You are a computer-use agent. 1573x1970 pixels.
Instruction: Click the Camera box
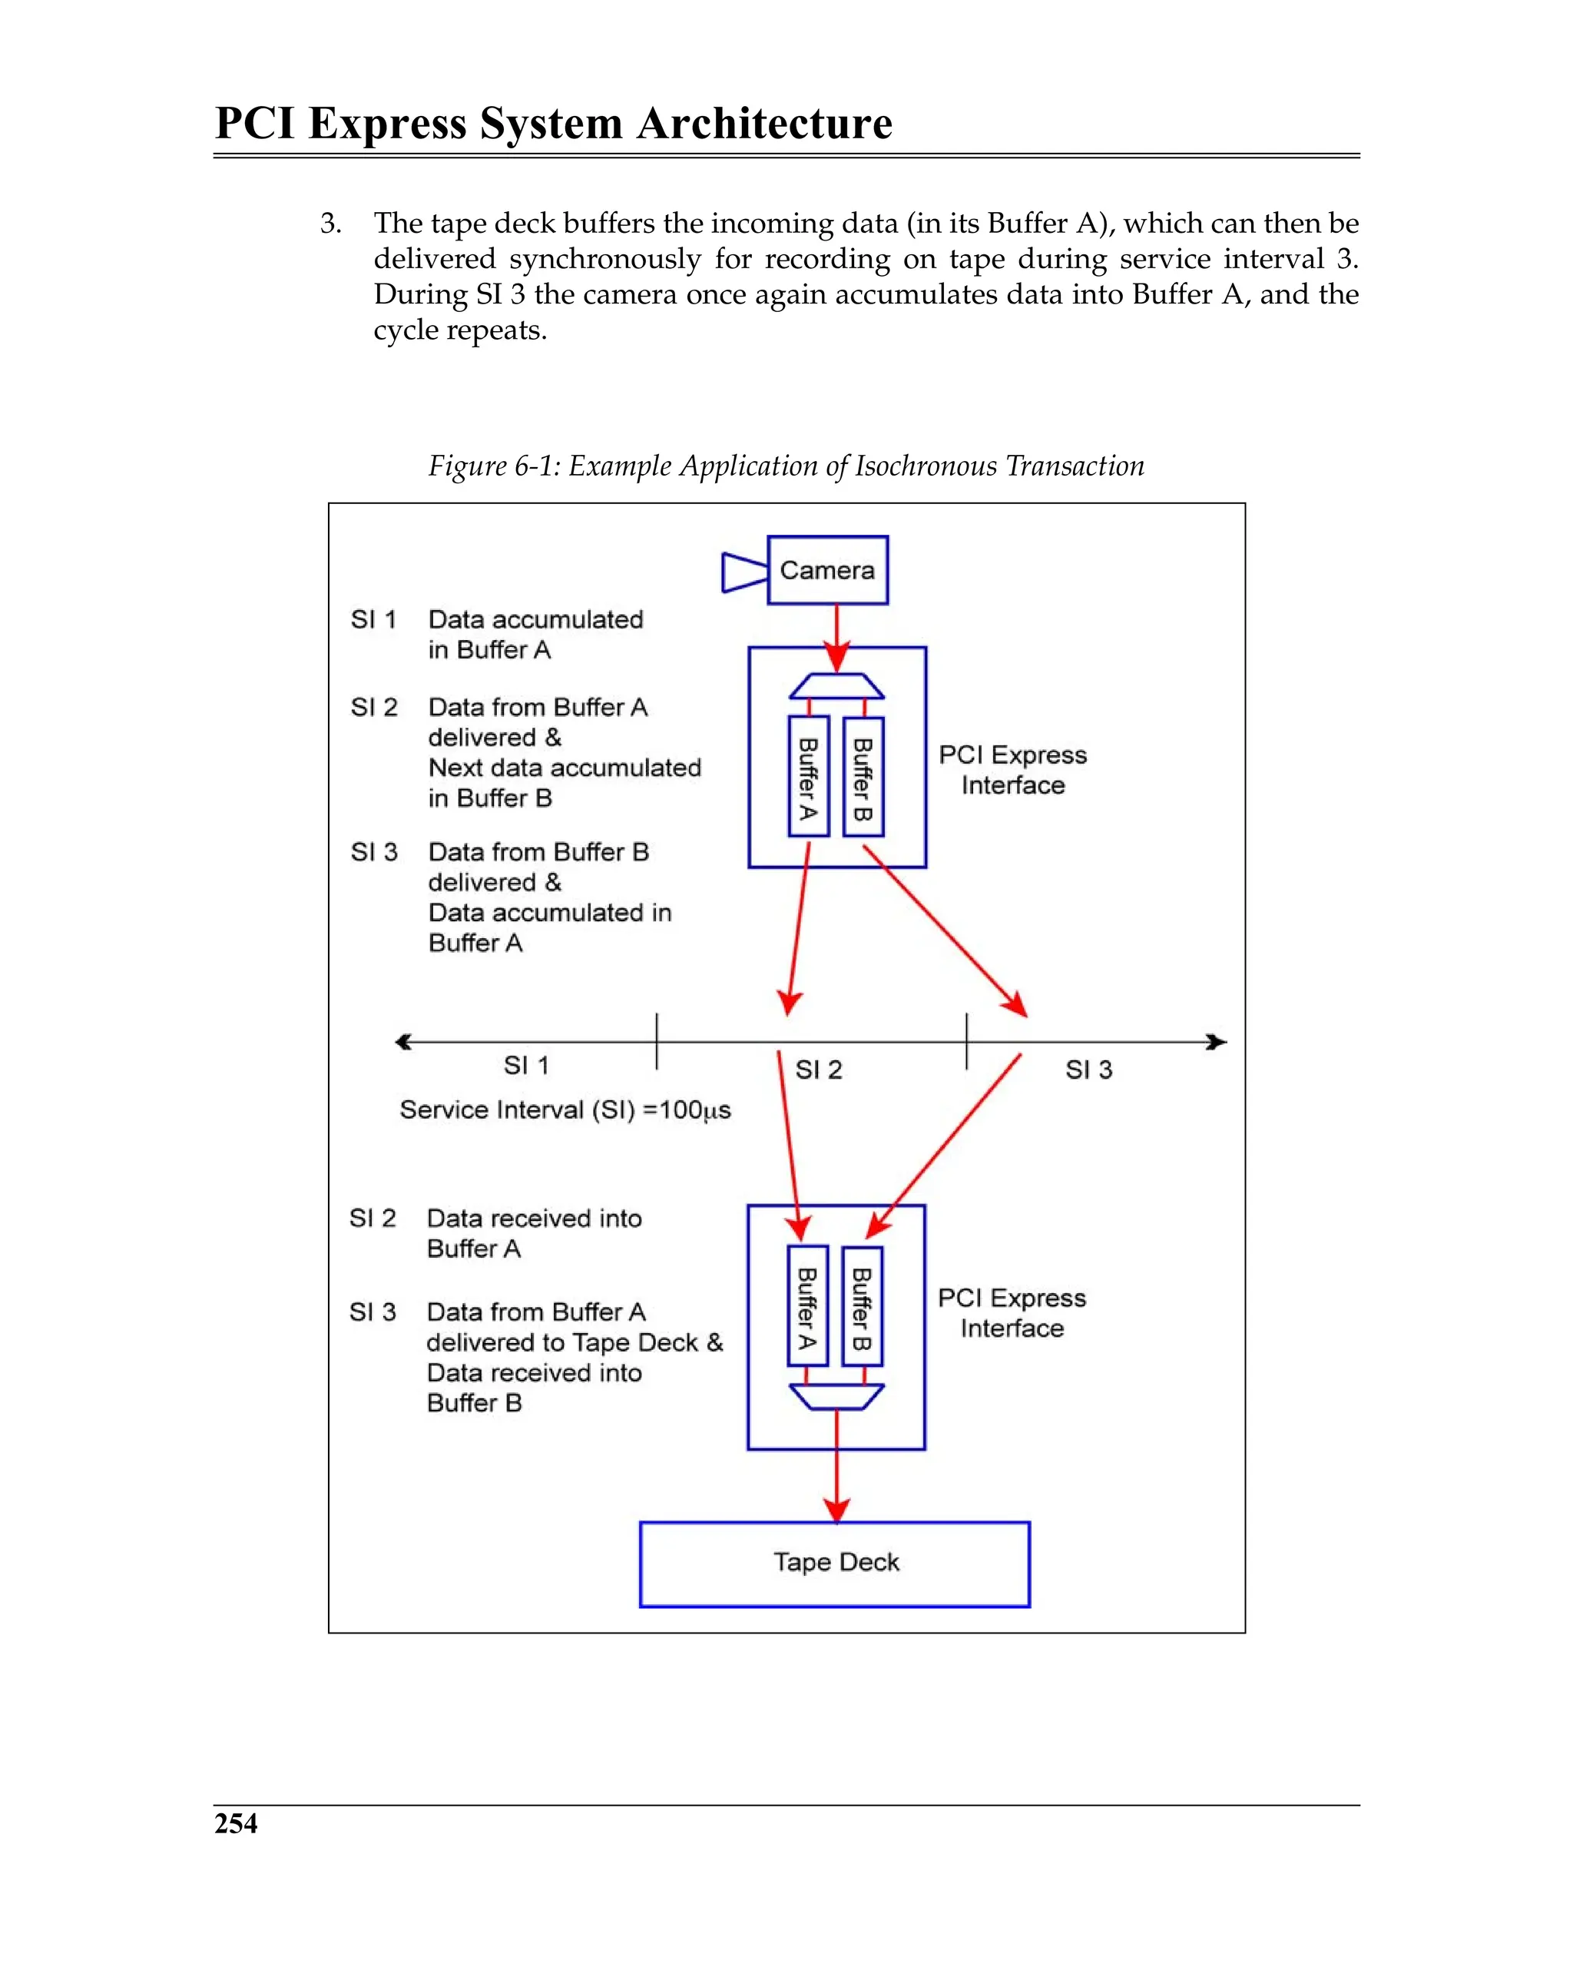pyautogui.click(x=826, y=570)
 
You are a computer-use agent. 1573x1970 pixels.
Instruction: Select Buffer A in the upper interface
pyautogui.click(x=807, y=777)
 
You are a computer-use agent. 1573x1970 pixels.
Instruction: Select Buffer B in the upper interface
pyautogui.click(x=863, y=777)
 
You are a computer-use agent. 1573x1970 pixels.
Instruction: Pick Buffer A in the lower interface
pyautogui.click(x=806, y=1305)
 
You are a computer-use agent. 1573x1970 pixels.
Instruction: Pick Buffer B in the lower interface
pyautogui.click(x=862, y=1305)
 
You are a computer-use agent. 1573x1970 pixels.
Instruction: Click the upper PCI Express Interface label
pyautogui.click(x=1012, y=769)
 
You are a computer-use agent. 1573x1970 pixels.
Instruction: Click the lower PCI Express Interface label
pyautogui.click(x=1012, y=1312)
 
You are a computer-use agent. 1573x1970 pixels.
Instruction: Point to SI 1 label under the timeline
pyautogui.click(x=526, y=1066)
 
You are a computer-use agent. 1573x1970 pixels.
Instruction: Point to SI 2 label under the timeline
pyautogui.click(x=819, y=1069)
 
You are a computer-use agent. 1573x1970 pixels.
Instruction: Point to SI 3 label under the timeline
pyautogui.click(x=1088, y=1069)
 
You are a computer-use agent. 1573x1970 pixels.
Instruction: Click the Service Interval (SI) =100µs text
pyautogui.click(x=565, y=1110)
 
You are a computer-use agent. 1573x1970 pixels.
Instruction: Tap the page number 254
pyautogui.click(x=236, y=1823)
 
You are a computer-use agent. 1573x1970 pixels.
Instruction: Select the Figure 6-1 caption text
pyautogui.click(x=786, y=466)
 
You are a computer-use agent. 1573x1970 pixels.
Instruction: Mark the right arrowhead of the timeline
pyautogui.click(x=1216, y=1042)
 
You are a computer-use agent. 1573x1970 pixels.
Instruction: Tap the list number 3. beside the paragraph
pyautogui.click(x=331, y=224)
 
